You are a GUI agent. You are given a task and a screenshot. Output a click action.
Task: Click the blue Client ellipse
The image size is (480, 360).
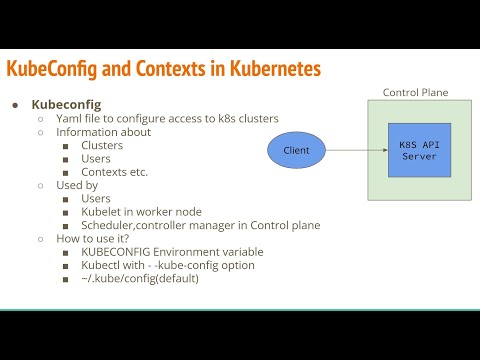point(297,151)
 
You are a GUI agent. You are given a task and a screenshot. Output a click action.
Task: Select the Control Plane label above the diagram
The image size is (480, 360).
point(416,93)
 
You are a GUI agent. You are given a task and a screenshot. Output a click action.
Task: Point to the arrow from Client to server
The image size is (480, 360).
point(358,151)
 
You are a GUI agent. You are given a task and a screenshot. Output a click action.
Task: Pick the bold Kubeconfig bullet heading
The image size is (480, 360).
point(67,104)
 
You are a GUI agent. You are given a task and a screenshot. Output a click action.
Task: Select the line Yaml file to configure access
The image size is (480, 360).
point(167,118)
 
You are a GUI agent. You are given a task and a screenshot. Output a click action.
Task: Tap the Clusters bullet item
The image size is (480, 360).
point(102,145)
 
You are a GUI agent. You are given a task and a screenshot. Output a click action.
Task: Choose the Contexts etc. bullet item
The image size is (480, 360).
point(114,171)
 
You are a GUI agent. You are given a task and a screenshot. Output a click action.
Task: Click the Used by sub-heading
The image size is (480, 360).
point(77,185)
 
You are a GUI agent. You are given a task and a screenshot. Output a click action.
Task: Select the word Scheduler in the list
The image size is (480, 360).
point(110,225)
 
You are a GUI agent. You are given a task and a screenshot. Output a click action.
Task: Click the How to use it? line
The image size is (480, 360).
point(93,239)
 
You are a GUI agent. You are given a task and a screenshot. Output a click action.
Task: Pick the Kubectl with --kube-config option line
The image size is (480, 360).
point(161,265)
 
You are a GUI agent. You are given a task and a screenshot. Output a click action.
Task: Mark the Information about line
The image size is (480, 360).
point(103,132)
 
